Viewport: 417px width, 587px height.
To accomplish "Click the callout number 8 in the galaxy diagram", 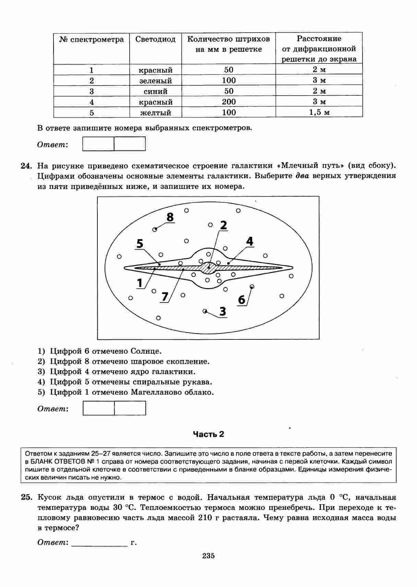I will tap(170, 217).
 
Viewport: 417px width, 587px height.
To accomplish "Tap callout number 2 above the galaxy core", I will tap(223, 225).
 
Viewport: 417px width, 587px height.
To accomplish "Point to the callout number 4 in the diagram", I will tap(250, 242).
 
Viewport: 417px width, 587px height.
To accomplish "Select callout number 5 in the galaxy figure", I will tap(140, 243).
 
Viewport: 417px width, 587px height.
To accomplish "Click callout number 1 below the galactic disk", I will tap(140, 283).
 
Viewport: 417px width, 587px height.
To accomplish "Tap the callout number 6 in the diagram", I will tap(241, 300).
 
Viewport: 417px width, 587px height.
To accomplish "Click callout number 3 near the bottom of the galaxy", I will tap(223, 312).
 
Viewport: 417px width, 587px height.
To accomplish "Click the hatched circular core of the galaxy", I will tap(208, 268).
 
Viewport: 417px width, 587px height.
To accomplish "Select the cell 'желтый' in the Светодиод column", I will tap(155, 112).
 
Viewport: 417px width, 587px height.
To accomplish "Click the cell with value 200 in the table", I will tap(228, 102).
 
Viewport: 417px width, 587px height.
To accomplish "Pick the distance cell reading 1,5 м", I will tap(319, 112).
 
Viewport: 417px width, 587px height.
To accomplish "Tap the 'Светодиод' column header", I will tap(155, 39).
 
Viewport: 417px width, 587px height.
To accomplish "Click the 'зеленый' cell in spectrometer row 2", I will tap(155, 81).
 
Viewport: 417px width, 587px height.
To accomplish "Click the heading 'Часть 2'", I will tap(208, 434).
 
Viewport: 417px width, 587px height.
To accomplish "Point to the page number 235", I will tap(208, 556).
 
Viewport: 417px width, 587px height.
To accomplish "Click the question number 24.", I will tap(26, 166).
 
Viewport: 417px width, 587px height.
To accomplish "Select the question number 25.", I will tap(26, 498).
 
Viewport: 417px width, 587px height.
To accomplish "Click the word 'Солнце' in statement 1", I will tap(146, 351).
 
